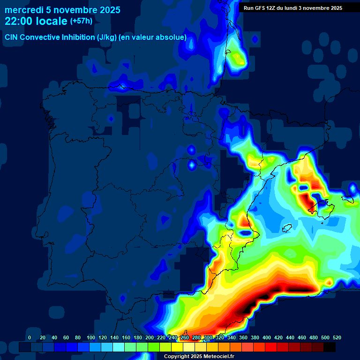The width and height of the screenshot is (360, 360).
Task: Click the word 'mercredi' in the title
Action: coord(24,10)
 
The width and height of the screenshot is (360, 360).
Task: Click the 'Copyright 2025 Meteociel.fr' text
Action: coord(199,356)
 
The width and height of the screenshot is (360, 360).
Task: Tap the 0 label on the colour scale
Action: coord(30,337)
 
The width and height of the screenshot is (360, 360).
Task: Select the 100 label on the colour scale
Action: coord(91,337)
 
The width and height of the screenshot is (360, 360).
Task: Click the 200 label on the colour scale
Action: coord(150,337)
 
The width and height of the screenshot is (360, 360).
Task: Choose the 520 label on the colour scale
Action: coord(337,337)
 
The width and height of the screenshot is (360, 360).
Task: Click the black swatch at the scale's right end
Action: coord(330,347)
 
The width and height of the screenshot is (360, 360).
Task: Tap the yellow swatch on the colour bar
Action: coord(177,347)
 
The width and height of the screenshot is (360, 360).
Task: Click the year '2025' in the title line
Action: coord(105,10)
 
